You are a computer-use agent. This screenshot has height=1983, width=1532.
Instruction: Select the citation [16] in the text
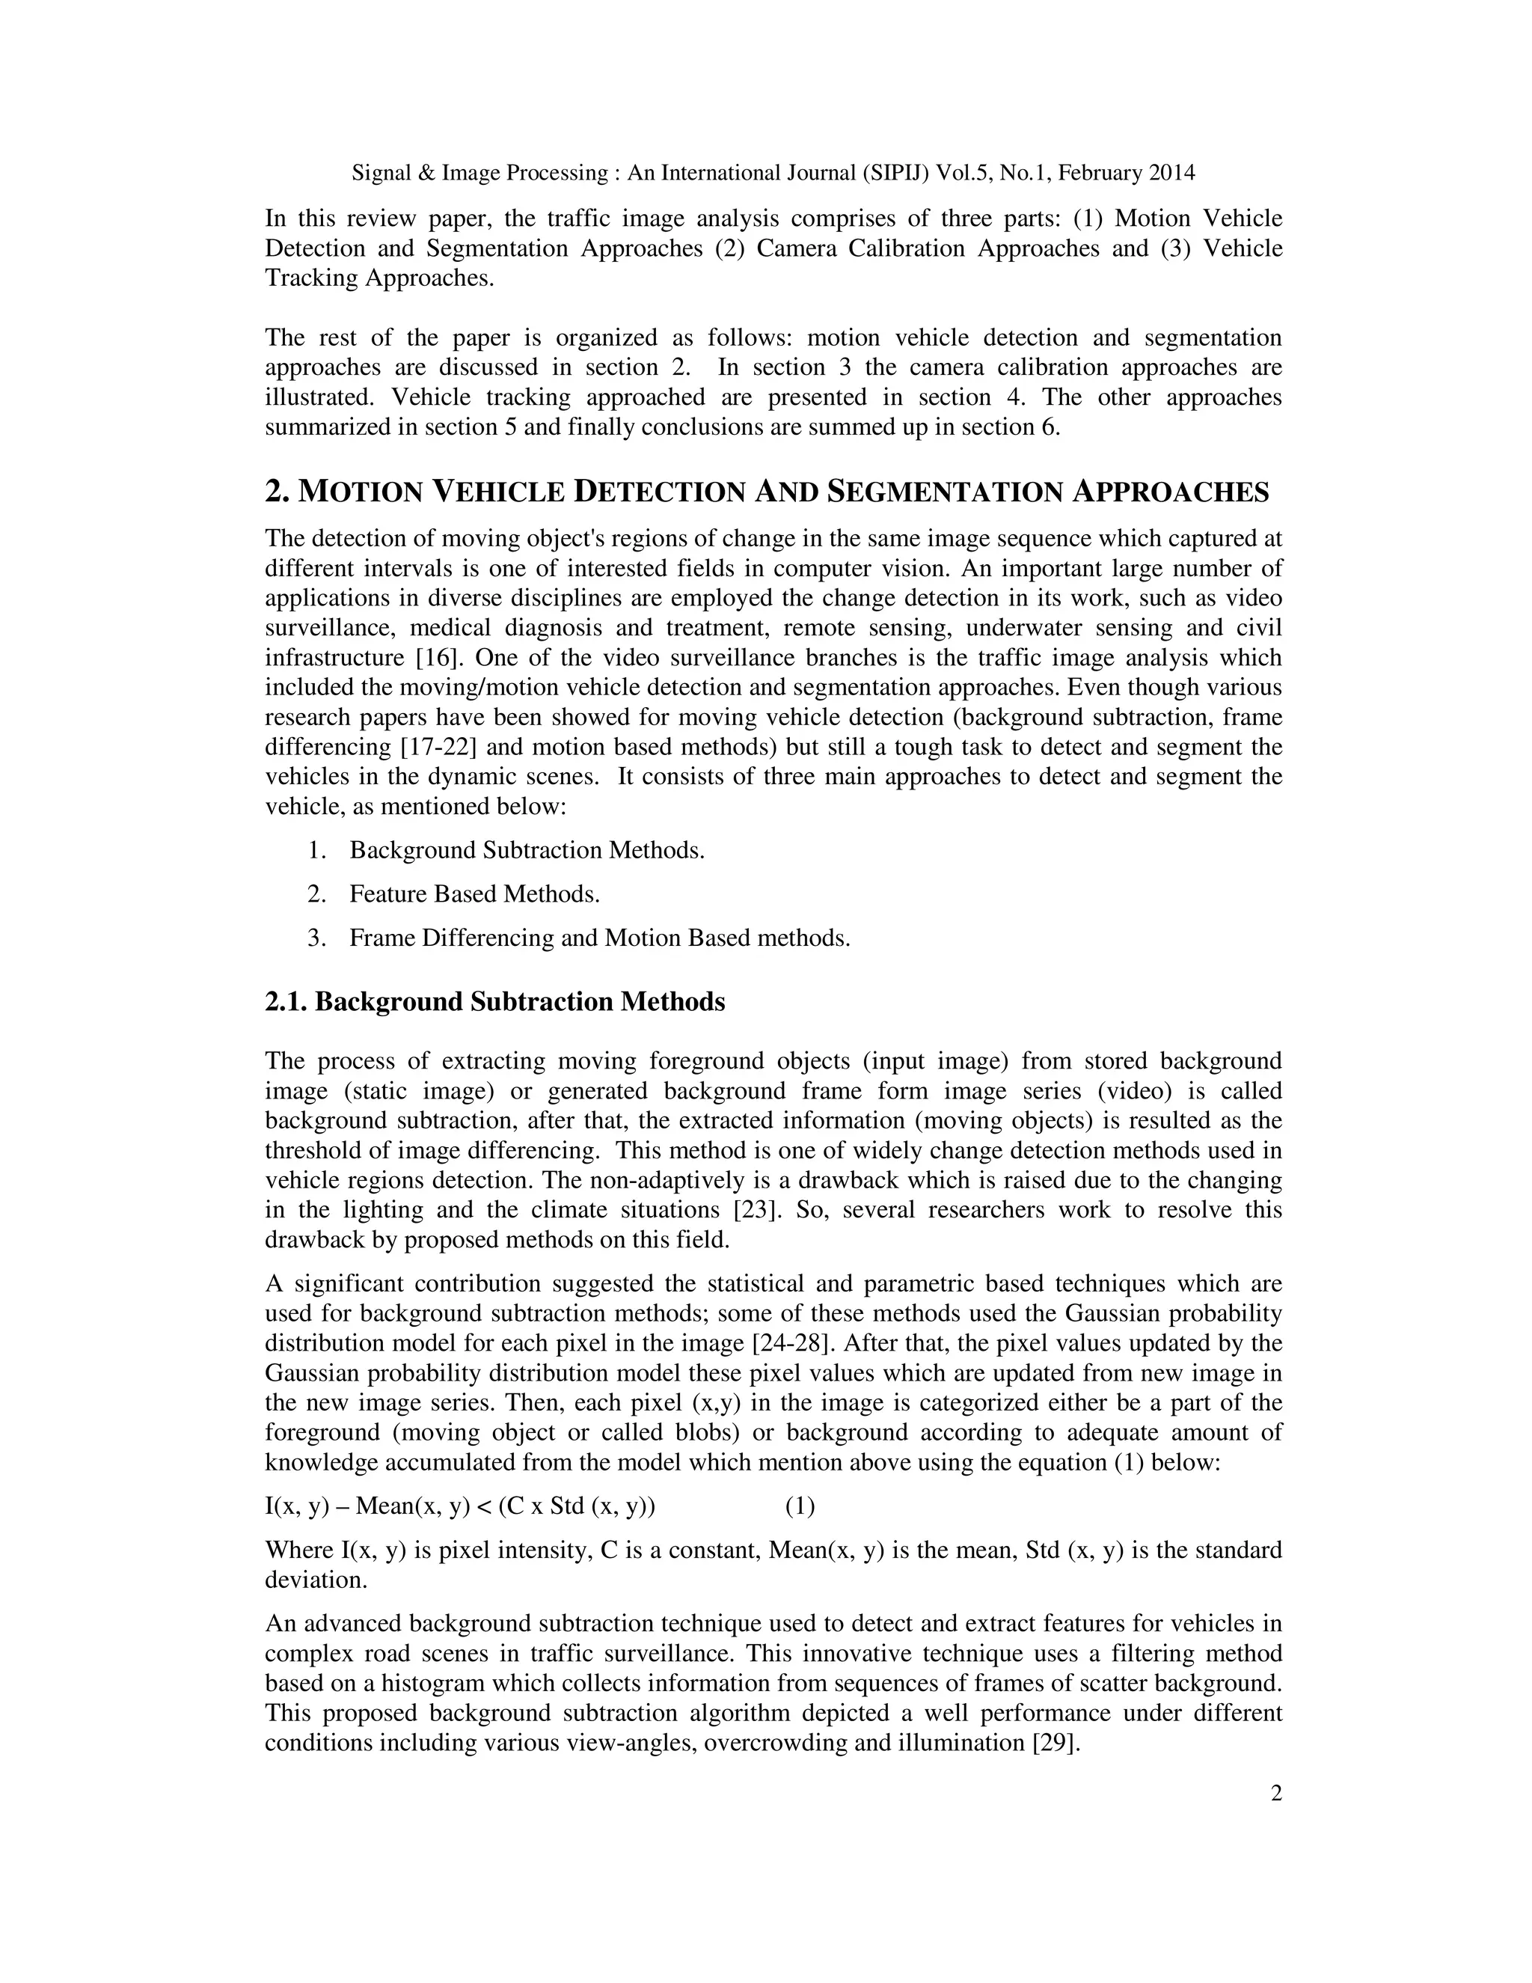click(439, 657)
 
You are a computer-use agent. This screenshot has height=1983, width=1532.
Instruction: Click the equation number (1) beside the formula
click(800, 1506)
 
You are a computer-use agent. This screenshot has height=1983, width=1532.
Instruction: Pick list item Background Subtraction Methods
click(527, 851)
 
